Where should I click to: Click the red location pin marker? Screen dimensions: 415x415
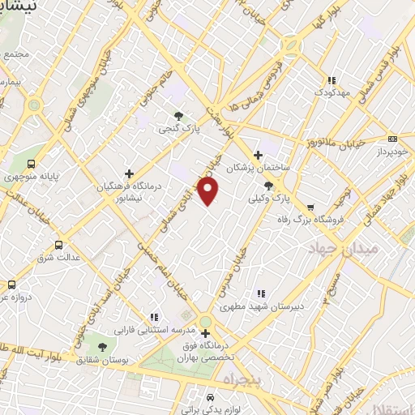point(209,191)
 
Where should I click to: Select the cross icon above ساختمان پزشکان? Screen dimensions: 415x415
point(258,155)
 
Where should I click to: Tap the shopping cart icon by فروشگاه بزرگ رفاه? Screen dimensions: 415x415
point(311,207)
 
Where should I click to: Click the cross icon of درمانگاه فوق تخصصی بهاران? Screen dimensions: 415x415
point(206,333)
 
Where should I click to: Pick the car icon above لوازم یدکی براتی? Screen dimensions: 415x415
point(210,398)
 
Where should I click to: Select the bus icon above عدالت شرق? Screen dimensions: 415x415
point(58,245)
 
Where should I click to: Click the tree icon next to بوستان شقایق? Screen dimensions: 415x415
point(101,336)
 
